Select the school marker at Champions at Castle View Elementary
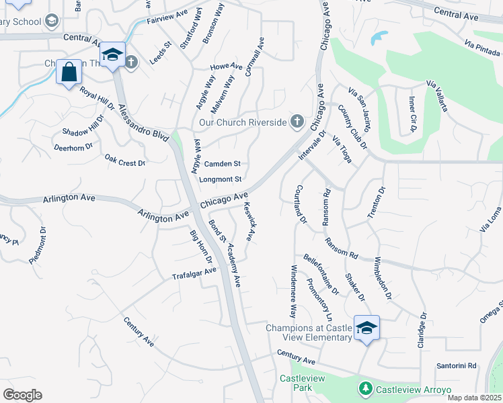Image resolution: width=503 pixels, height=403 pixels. pyautogui.click(x=366, y=328)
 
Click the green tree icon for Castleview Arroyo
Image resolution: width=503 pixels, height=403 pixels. pyautogui.click(x=365, y=389)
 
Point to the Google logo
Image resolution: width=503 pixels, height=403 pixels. pyautogui.click(x=22, y=395)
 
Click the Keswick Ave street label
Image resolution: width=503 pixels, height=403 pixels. pyautogui.click(x=249, y=222)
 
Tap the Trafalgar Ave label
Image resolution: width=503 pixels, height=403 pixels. pyautogui.click(x=194, y=273)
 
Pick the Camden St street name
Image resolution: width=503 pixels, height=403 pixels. pyautogui.click(x=222, y=163)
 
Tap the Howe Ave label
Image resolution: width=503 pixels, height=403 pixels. pyautogui.click(x=226, y=66)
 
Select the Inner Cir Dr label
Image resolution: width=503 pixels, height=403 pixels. pyautogui.click(x=412, y=114)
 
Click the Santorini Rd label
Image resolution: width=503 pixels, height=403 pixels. pyautogui.click(x=456, y=366)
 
